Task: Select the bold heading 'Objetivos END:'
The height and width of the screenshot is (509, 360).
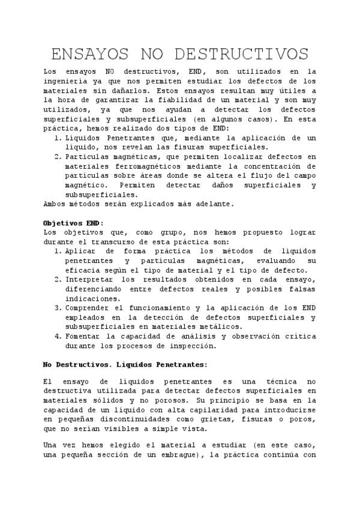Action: point(74,223)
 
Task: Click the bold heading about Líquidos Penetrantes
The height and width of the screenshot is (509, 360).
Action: point(125,364)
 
